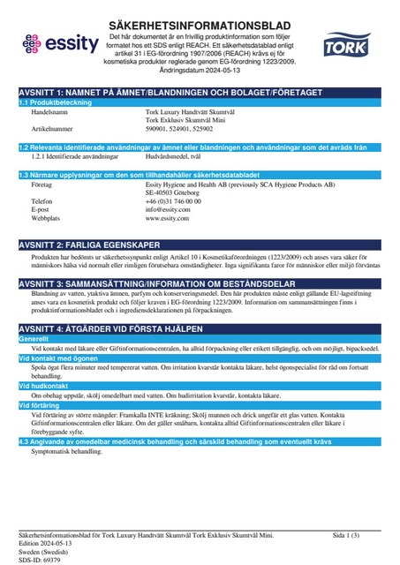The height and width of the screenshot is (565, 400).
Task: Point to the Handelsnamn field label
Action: pos(51,113)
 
